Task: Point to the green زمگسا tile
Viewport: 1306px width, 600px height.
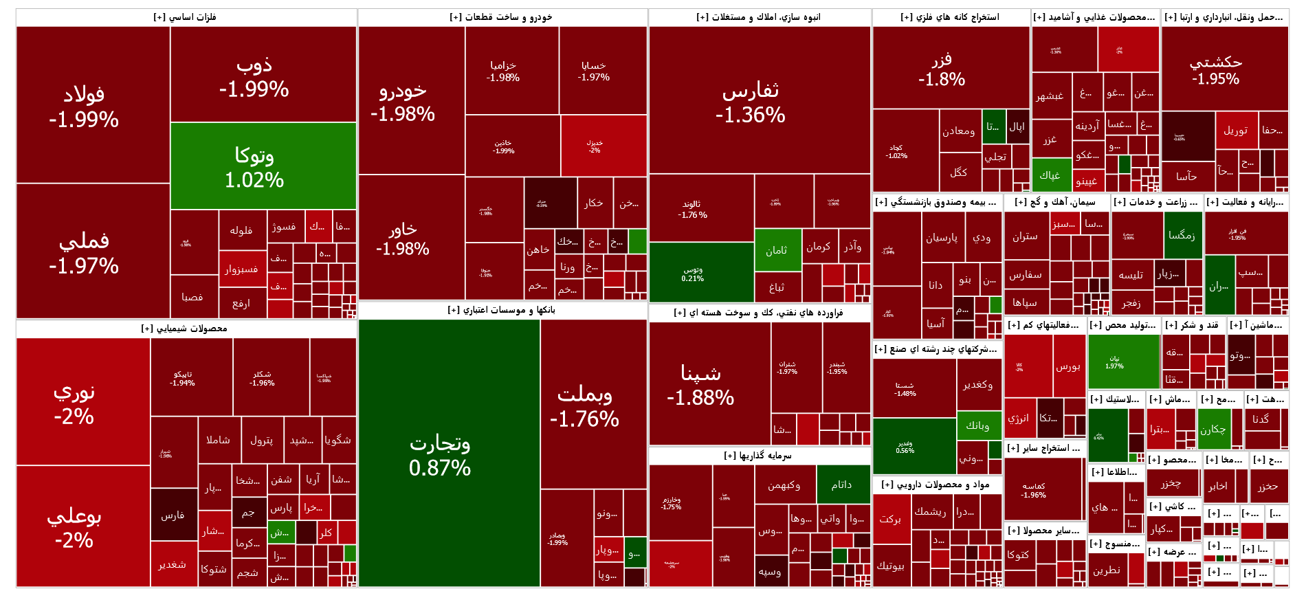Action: tap(1183, 235)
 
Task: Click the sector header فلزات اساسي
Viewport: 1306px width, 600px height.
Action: tap(186, 17)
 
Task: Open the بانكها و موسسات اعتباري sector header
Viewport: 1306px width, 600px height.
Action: tap(502, 310)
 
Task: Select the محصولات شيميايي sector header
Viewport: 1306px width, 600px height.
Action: tap(186, 329)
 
